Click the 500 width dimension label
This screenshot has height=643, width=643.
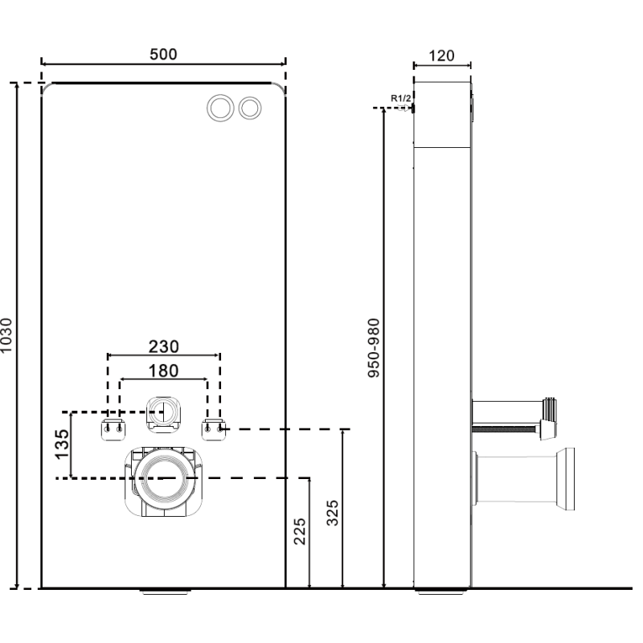tap(163, 54)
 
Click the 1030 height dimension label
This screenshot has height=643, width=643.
tap(9, 336)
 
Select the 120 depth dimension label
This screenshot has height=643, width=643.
tap(441, 55)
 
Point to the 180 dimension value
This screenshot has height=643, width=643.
tap(163, 371)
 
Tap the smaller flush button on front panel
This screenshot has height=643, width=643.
tap(251, 106)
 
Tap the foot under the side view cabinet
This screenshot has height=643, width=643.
tap(440, 593)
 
